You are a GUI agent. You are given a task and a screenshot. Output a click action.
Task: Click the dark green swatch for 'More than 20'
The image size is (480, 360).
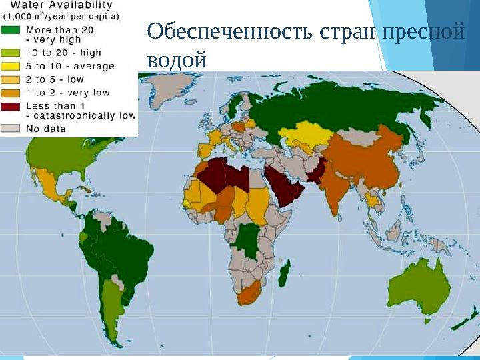pos(12,30)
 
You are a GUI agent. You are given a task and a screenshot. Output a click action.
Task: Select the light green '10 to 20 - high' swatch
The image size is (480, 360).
pos(12,52)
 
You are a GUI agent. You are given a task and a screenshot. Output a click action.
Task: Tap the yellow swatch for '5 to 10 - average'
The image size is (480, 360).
pos(12,66)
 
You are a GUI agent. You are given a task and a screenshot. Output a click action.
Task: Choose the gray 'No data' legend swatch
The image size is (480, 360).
pos(12,128)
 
